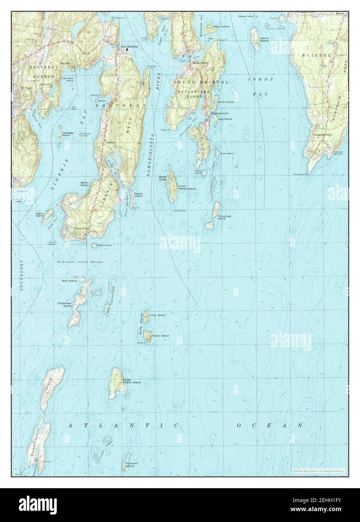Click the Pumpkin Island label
[x=130, y=468]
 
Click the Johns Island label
[x=264, y=39]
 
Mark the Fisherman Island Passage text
[x=80, y=262]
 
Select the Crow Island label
[x=227, y=153]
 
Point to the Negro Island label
[x=39, y=214]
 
